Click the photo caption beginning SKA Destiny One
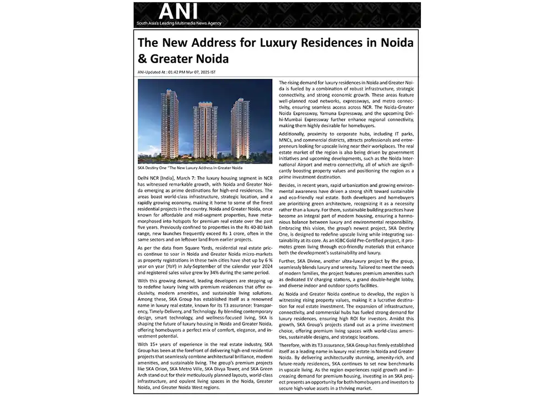tap(190, 167)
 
